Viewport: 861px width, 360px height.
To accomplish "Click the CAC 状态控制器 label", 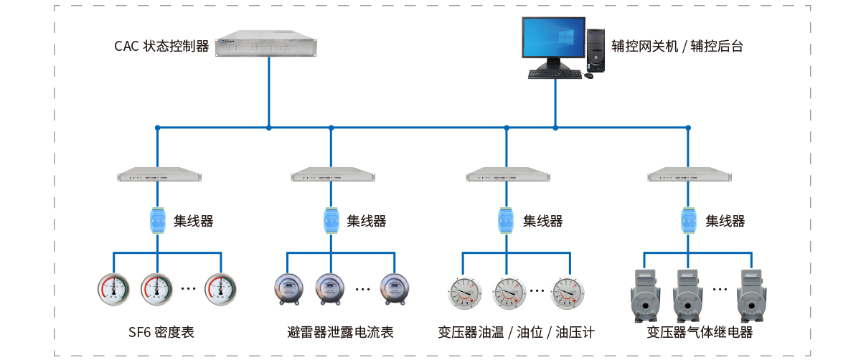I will [161, 47].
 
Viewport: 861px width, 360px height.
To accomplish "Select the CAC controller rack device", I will [268, 44].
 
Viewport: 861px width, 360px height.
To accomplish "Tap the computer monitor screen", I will [553, 41].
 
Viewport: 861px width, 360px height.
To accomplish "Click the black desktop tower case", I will [596, 50].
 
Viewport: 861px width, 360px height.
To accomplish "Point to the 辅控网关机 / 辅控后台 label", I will [677, 47].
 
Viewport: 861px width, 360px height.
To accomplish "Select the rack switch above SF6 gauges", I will [159, 175].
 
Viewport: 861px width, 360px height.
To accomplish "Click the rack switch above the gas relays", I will [689, 175].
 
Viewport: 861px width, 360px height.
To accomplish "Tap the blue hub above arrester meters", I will [331, 220].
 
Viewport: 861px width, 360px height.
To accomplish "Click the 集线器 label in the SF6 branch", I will [193, 221].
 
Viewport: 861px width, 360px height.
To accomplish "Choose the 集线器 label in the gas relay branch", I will [725, 221].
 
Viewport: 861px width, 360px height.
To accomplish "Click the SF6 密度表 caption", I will [161, 332].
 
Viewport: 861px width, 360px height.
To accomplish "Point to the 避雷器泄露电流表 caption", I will [340, 332].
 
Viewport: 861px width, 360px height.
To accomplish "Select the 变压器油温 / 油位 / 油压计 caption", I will [516, 332].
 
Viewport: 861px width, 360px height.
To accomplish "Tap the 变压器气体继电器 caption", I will [700, 332].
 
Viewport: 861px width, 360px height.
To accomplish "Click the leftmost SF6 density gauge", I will [115, 288].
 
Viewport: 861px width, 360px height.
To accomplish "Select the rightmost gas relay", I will [753, 294].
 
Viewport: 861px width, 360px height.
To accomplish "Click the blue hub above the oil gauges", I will [507, 220].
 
